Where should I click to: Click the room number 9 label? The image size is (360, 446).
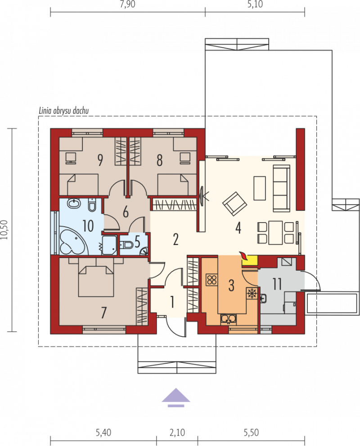point(100,160)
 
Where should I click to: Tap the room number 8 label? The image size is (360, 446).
point(160,160)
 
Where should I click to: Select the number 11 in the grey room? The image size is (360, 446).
point(277,284)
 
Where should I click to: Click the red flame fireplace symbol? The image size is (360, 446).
point(243,256)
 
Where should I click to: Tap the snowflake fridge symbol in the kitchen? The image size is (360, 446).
point(252,293)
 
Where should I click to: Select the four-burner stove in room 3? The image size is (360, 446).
point(212,280)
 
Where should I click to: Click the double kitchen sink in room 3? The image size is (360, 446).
point(228,319)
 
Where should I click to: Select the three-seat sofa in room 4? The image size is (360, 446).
point(281,188)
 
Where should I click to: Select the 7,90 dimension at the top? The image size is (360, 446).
point(128,5)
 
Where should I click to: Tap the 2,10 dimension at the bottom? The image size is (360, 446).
point(177,433)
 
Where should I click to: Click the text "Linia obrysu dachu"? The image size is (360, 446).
point(63,111)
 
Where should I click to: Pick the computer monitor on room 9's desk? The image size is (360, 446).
point(71,158)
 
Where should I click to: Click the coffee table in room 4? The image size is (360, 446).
point(260,188)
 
